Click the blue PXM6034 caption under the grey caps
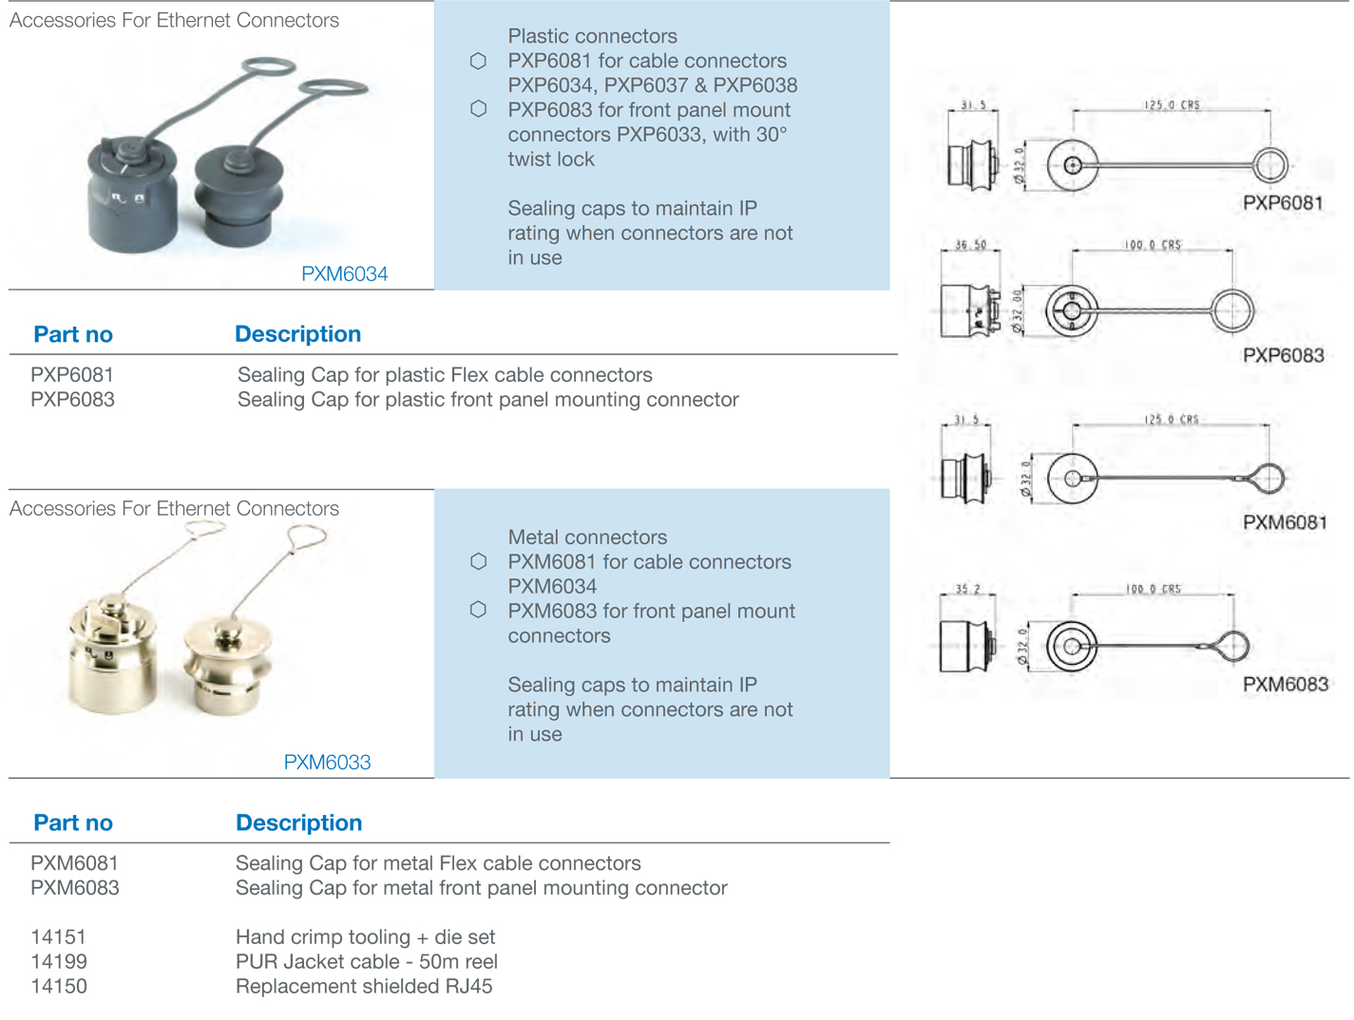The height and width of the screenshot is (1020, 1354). tap(344, 274)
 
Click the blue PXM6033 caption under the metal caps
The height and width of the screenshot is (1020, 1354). tap(327, 762)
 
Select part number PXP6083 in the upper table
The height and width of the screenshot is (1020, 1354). tap(72, 400)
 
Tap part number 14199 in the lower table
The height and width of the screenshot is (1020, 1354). tap(59, 961)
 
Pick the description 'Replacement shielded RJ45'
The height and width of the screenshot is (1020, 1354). tap(364, 986)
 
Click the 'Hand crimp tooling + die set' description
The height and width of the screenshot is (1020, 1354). tap(365, 936)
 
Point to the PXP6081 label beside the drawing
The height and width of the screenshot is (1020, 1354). tap(1283, 203)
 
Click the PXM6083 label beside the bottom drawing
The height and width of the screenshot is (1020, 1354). tap(1285, 684)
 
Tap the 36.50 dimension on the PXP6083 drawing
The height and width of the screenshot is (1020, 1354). tap(970, 245)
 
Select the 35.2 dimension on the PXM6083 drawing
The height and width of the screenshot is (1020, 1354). tap(967, 589)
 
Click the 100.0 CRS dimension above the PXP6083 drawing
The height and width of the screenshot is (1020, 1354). tap(1153, 245)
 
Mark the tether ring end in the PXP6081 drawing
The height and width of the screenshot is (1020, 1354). tap(1269, 165)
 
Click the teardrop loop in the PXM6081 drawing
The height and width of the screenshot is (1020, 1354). tap(1268, 478)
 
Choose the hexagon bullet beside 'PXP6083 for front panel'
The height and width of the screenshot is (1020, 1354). tap(479, 109)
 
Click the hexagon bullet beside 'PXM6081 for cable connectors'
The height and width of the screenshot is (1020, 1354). tap(479, 561)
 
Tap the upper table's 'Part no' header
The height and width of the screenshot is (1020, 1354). tap(73, 334)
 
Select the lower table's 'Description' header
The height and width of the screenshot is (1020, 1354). tap(298, 822)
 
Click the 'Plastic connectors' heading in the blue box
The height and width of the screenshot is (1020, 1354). tap(592, 36)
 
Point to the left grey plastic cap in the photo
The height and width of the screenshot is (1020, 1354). tap(132, 195)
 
